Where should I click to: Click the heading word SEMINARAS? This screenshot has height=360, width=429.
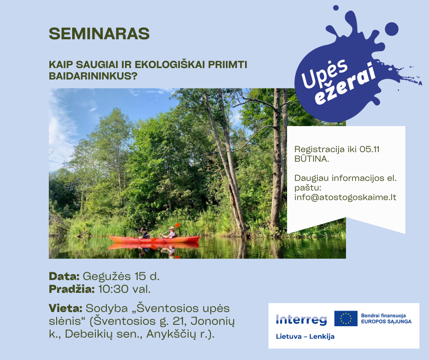click(99, 33)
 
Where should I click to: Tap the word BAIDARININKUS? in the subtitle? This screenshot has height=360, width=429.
click(93, 76)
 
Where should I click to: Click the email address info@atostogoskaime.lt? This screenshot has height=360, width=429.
click(345, 197)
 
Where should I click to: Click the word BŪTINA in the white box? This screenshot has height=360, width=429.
click(311, 159)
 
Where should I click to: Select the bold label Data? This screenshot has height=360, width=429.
click(64, 276)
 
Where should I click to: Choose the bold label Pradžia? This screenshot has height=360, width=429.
click(72, 289)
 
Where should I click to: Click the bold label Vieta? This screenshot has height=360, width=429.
click(66, 308)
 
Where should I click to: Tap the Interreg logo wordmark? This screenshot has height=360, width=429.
click(302, 319)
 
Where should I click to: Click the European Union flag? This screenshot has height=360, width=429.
click(346, 318)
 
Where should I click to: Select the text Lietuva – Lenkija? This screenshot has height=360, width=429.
click(305, 336)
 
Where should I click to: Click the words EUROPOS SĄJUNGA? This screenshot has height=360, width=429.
click(386, 321)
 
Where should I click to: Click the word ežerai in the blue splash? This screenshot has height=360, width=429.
click(345, 85)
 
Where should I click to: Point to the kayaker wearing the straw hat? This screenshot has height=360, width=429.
click(171, 233)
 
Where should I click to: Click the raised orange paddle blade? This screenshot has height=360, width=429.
click(177, 226)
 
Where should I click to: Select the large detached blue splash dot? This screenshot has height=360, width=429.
click(392, 29)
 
